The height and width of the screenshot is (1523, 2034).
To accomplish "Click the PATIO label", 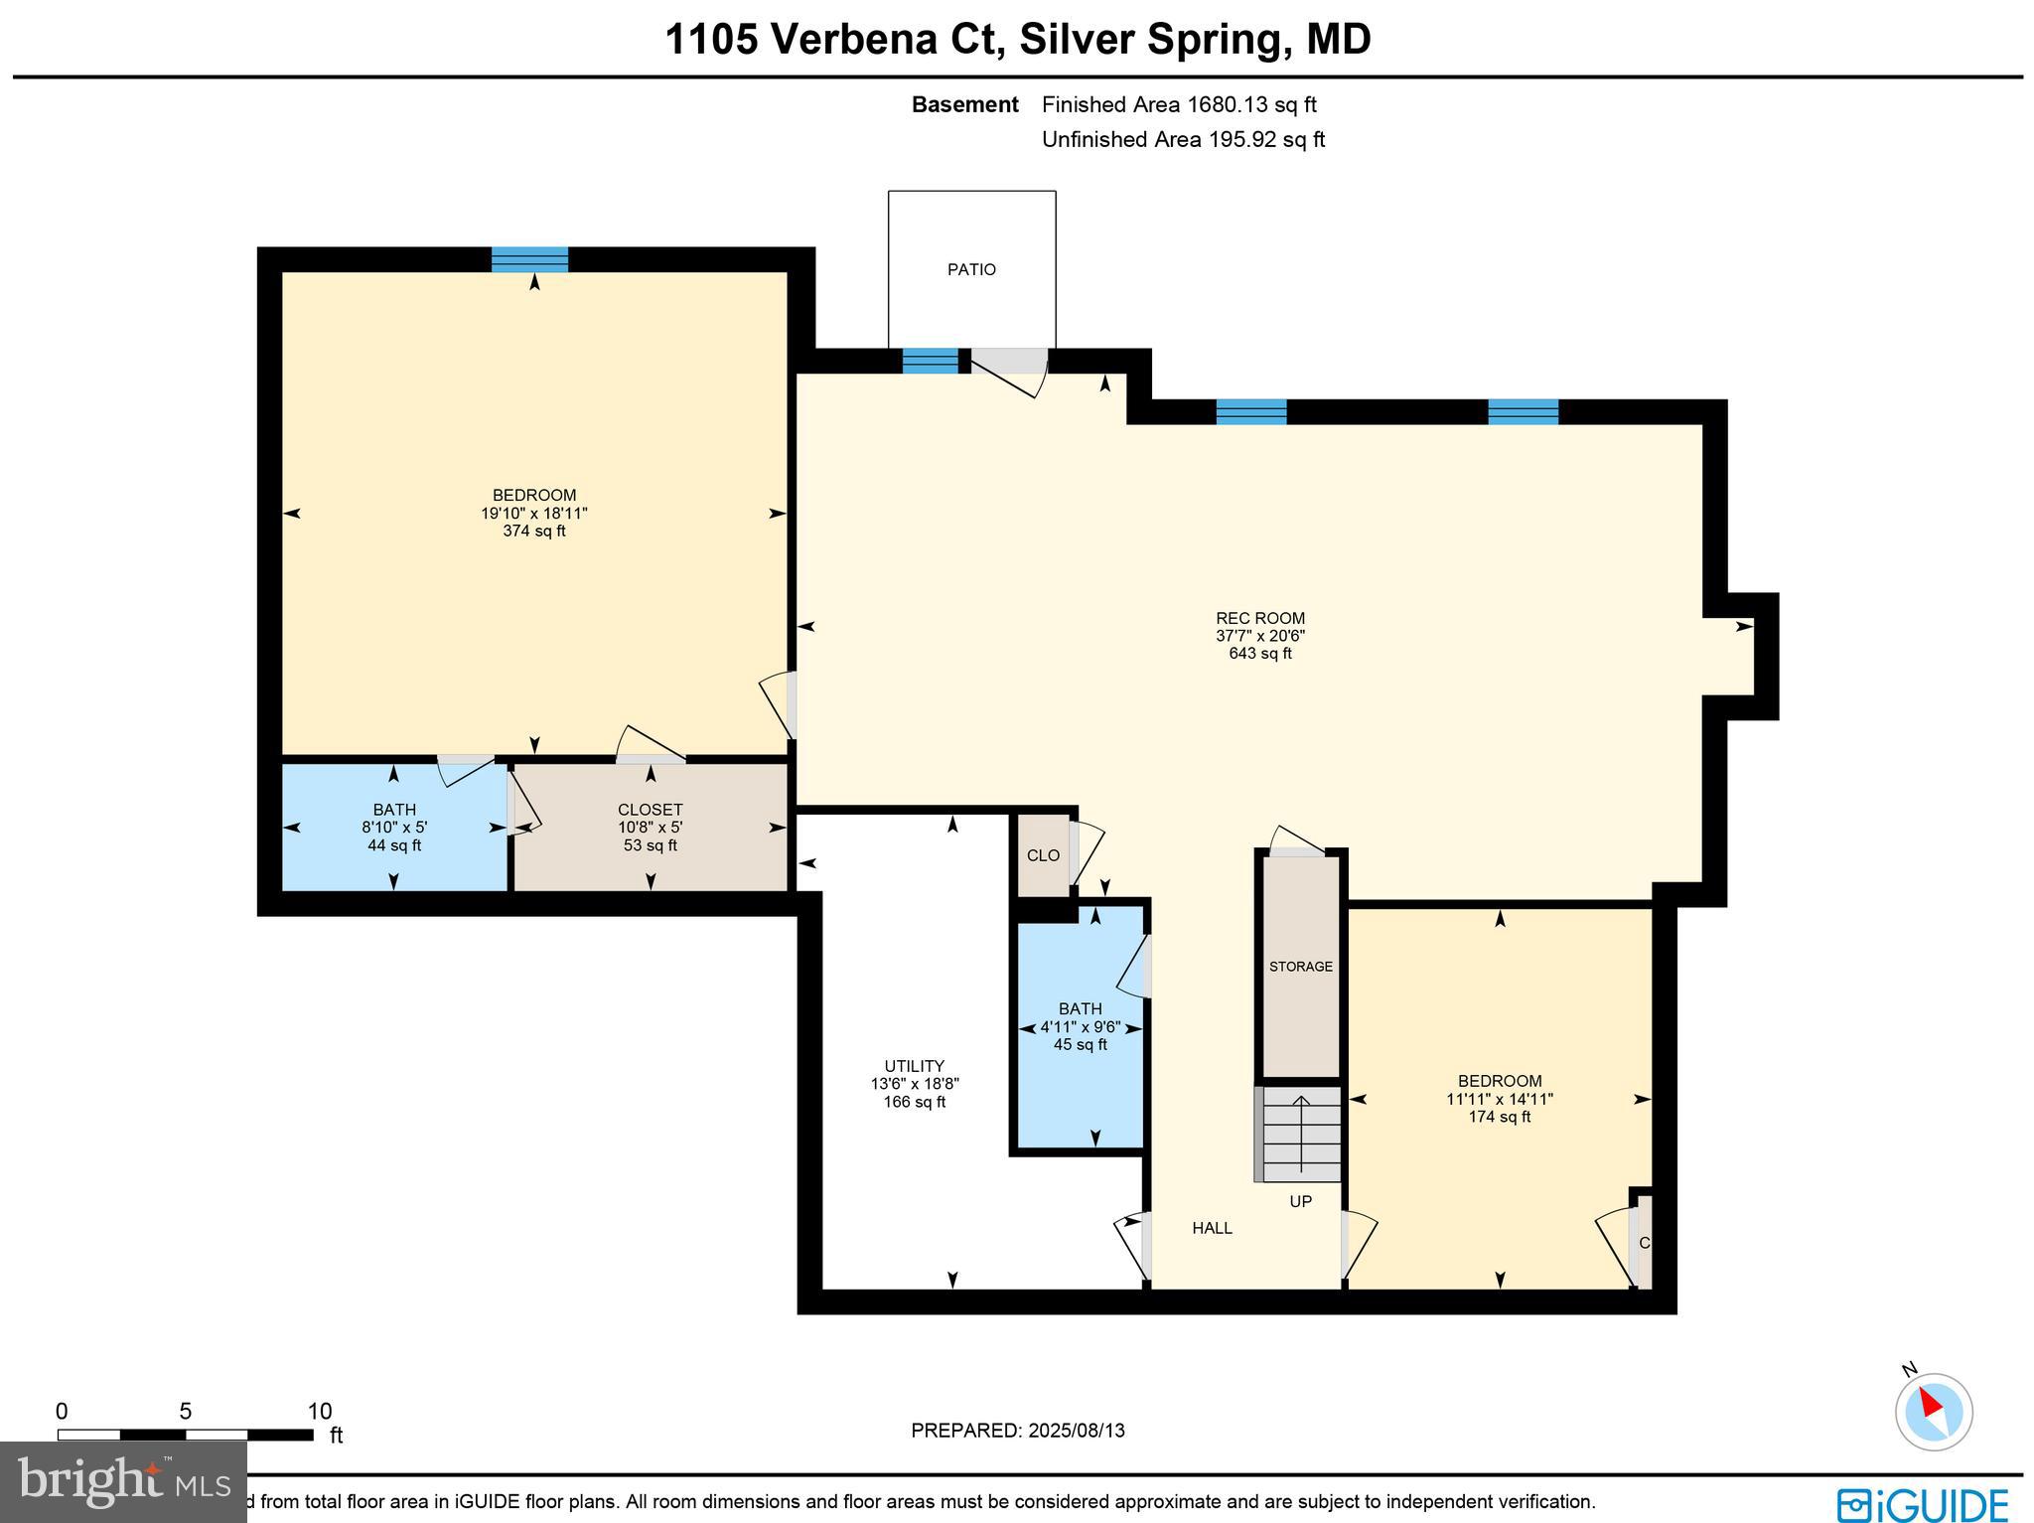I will pyautogui.click(x=970, y=269).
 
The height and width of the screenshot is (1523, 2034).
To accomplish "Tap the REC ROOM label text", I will pyautogui.click(x=1259, y=618).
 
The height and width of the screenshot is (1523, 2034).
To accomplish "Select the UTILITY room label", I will pyautogui.click(x=914, y=1066).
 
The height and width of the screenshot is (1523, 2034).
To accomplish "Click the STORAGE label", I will pyautogui.click(x=1300, y=967).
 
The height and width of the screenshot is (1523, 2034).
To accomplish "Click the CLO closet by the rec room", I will pyautogui.click(x=1043, y=855).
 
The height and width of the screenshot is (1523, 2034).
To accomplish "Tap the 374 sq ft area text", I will pyautogui.click(x=534, y=532).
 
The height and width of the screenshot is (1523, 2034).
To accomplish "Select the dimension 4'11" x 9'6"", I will pyautogui.click(x=1080, y=1027).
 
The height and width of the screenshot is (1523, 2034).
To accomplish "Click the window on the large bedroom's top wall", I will pyautogui.click(x=530, y=259).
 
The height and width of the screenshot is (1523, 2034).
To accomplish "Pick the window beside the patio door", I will pyautogui.click(x=931, y=361).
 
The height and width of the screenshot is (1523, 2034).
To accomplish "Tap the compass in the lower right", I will pyautogui.click(x=1933, y=1411).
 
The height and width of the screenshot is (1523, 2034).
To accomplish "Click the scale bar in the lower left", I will pyautogui.click(x=186, y=1434).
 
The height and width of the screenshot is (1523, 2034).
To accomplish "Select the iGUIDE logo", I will pyautogui.click(x=1923, y=1503).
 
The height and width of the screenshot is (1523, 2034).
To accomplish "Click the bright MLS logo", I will pyautogui.click(x=123, y=1481).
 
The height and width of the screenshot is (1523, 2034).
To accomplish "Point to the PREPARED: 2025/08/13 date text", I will pyautogui.click(x=1017, y=1431).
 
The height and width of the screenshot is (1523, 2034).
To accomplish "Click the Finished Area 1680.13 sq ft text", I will pyautogui.click(x=1179, y=104).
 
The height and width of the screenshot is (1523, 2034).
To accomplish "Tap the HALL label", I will pyautogui.click(x=1212, y=1228).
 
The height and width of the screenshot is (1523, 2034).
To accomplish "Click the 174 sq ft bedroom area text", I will pyautogui.click(x=1499, y=1117).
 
